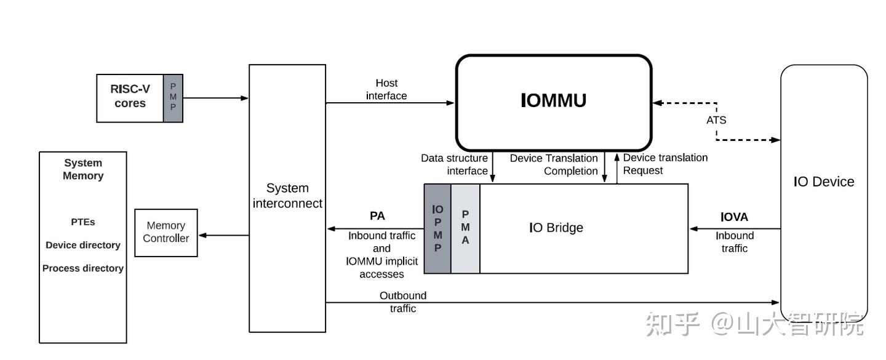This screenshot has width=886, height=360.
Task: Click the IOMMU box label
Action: pos(553,100)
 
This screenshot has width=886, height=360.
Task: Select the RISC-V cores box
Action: pos(130,97)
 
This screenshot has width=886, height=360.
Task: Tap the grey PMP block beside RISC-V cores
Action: pos(173,97)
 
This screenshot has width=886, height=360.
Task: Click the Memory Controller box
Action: pos(166,232)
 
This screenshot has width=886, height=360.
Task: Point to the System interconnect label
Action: pos(287,196)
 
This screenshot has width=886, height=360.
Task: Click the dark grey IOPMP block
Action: pos(437,228)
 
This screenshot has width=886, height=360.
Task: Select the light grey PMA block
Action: pos(465,228)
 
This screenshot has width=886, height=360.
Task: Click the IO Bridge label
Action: pos(556,228)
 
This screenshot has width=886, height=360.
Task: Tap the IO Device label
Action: pos(823,182)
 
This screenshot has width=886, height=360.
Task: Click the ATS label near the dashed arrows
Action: pos(716,120)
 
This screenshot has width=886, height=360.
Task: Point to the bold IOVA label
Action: pos(734,217)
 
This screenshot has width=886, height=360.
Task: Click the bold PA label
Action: pos(377,216)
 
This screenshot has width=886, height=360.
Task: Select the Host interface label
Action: pos(386,89)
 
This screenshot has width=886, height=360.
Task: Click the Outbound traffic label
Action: pos(403,302)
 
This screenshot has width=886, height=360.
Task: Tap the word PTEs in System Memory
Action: pos(83,222)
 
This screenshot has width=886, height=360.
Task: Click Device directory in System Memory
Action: pos(83,245)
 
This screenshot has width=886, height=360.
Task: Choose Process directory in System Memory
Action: pos(83,268)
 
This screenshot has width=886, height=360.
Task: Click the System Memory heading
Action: pos(83,169)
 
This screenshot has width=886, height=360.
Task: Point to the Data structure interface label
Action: pos(455,164)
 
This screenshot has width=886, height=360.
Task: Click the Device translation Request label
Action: pos(664,164)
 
